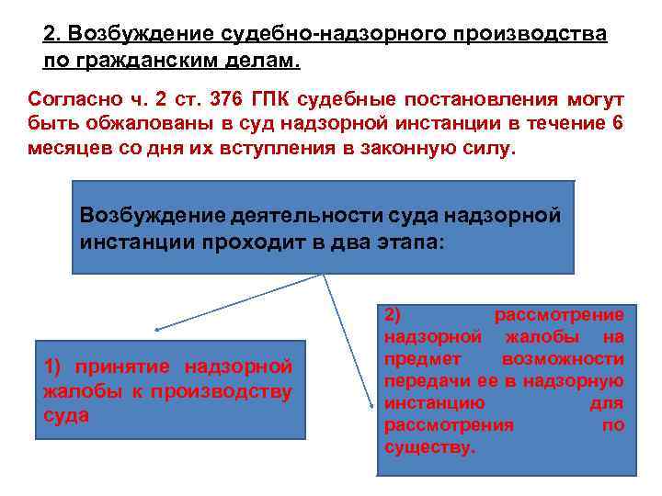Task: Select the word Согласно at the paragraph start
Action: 69,99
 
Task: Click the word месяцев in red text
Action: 63,149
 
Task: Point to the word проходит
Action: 233,240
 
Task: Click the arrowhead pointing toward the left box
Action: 157,328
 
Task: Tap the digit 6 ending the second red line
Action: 616,124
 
